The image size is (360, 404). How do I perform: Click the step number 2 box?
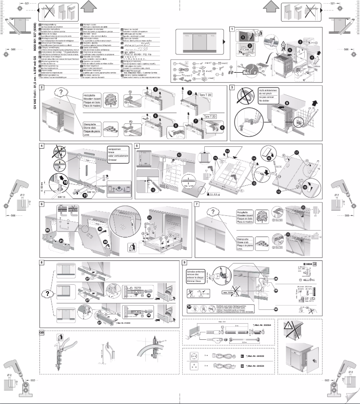click(42, 87)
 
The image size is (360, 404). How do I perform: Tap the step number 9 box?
click(185, 262)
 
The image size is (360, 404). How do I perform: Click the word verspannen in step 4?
click(115, 149)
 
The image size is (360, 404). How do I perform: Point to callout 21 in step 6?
click(61, 241)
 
